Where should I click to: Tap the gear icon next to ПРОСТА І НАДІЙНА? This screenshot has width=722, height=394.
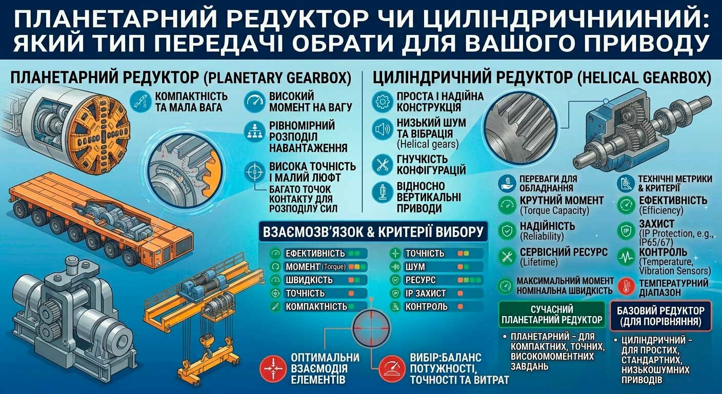(x=382, y=102)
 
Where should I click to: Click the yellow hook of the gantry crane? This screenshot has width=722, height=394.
(x=205, y=344)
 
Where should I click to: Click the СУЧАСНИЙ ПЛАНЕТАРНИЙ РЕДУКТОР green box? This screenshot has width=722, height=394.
(x=552, y=314)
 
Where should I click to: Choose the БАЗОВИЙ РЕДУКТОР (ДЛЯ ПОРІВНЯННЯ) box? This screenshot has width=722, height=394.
(x=661, y=316)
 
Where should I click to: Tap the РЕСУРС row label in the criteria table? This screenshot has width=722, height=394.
(x=420, y=280)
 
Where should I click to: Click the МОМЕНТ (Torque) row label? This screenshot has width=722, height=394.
(x=315, y=267)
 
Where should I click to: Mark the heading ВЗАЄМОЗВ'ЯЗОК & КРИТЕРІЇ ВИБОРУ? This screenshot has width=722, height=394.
(x=373, y=232)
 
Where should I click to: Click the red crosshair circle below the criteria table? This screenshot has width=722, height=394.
(x=371, y=328)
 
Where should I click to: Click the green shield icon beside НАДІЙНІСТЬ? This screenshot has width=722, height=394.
(x=507, y=231)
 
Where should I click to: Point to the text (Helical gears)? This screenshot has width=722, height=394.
(x=427, y=144)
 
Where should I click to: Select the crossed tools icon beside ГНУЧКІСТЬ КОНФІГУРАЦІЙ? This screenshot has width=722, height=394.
(x=382, y=165)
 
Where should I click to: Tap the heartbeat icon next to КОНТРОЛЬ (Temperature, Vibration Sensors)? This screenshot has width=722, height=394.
(x=626, y=257)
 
